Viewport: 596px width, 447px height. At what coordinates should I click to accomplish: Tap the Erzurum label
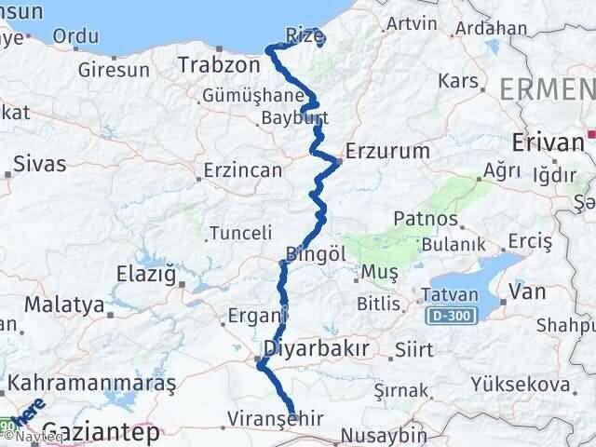(x=386, y=150)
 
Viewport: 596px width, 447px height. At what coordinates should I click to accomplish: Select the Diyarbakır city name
(x=317, y=348)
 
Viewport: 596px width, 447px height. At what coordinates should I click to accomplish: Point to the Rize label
(x=304, y=34)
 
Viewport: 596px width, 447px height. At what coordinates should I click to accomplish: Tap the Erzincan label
(x=244, y=171)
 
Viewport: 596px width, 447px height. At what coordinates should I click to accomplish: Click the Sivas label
(x=40, y=164)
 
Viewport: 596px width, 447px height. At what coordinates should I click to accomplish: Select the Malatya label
(x=62, y=305)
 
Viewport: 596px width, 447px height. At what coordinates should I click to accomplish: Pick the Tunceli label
(x=240, y=233)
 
